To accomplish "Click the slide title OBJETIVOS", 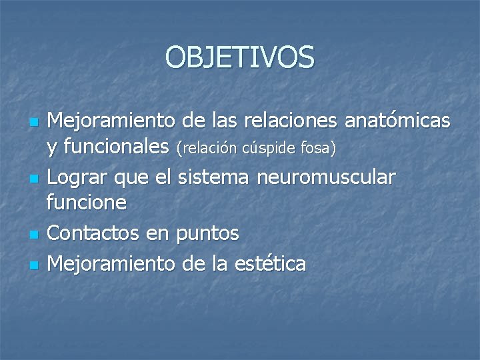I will click(240, 57).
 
